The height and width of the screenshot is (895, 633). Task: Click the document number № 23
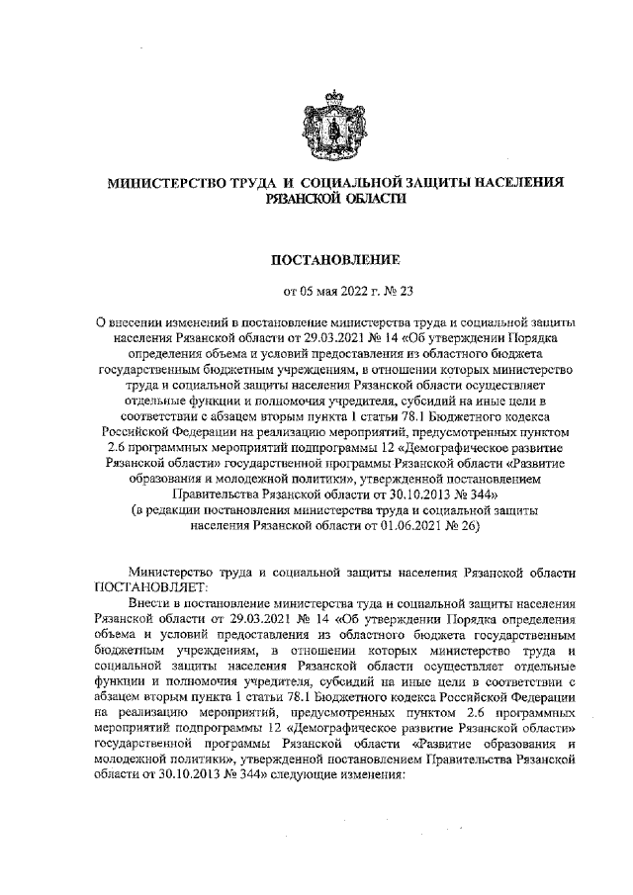click(387, 291)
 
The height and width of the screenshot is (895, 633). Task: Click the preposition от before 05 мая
click(291, 291)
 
